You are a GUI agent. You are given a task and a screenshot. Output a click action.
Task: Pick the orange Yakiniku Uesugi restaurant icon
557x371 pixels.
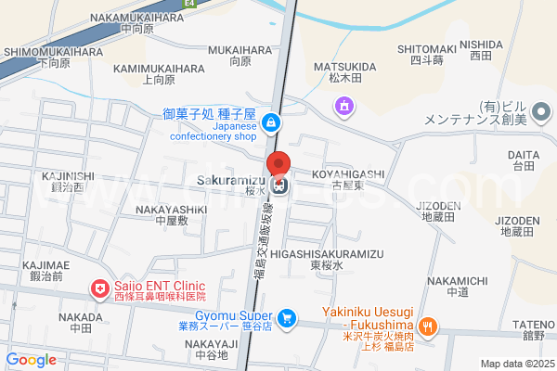[427, 326]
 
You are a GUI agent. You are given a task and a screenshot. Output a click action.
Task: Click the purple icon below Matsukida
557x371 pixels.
[344, 108]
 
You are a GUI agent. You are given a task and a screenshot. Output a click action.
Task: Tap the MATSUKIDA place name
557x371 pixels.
[344, 67]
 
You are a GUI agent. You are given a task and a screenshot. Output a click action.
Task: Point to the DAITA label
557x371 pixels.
[523, 155]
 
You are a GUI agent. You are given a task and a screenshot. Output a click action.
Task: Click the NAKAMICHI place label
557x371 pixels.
[456, 280]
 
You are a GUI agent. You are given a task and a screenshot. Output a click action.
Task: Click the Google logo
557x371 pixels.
[32, 359]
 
